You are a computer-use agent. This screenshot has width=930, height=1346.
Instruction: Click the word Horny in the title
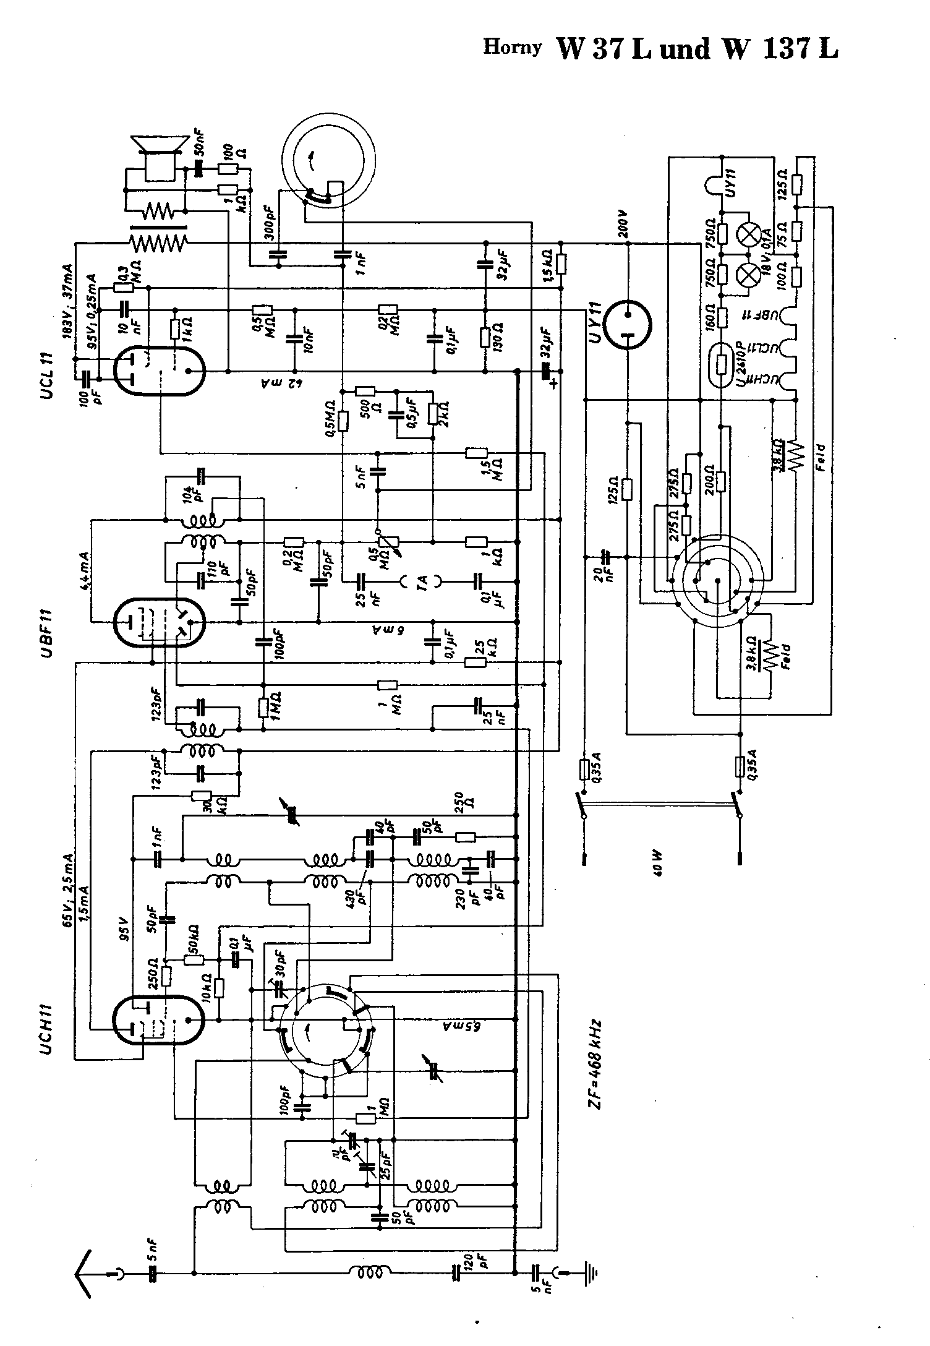pyautogui.click(x=512, y=47)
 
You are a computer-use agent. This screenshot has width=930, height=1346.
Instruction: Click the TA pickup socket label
pyautogui.click(x=422, y=581)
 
